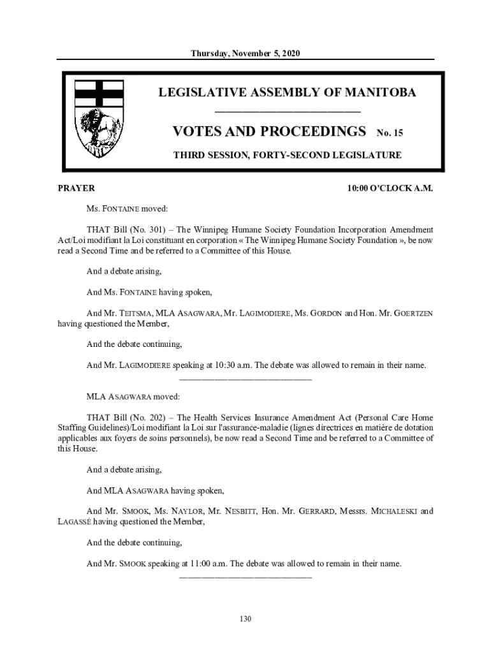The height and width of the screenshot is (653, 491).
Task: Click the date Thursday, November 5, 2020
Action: tap(246, 53)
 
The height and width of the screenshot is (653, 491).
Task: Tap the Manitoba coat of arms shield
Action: tap(99, 119)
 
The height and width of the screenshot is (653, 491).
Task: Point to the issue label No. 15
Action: tap(390, 133)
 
